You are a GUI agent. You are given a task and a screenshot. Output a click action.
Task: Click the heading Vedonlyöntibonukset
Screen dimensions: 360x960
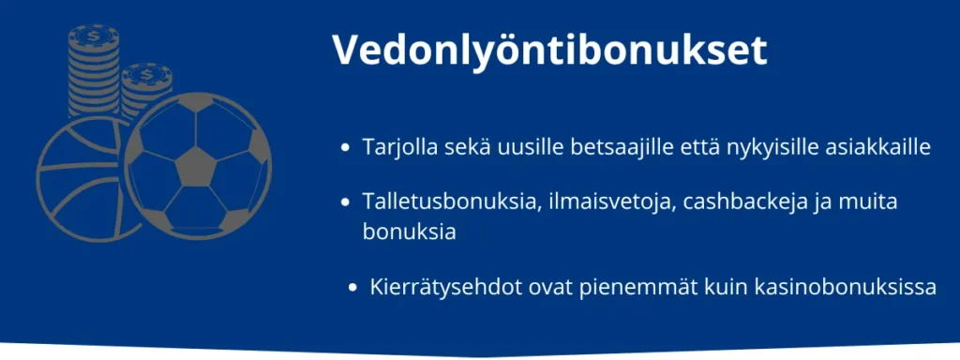[x=549, y=52]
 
